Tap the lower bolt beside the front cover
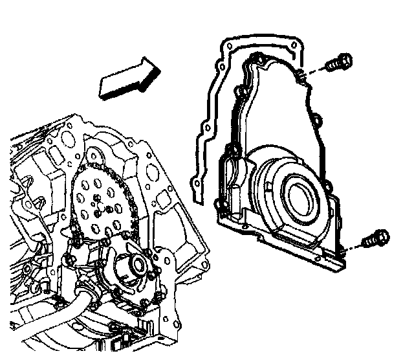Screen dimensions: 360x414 click(x=377, y=239)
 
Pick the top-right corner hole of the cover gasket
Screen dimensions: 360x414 click(x=294, y=45)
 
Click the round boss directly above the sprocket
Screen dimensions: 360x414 click(x=95, y=155)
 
